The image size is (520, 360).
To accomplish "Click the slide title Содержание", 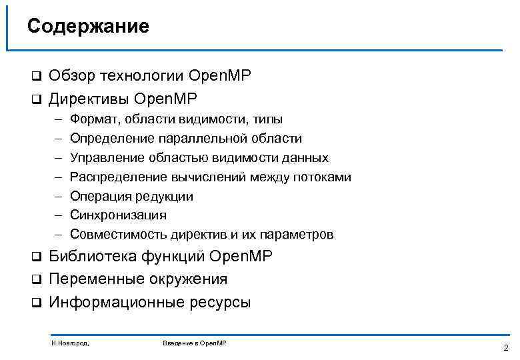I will click(x=88, y=26).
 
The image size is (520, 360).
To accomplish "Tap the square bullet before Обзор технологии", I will click(x=37, y=77).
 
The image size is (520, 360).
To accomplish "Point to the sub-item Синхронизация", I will click(x=118, y=215).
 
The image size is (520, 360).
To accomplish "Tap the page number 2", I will click(x=505, y=347).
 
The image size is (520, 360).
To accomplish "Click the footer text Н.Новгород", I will click(x=70, y=343).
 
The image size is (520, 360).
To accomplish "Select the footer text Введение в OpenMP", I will click(x=194, y=343).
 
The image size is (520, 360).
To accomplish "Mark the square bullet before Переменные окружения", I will click(x=37, y=279).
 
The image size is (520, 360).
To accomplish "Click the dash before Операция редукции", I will click(x=59, y=196).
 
